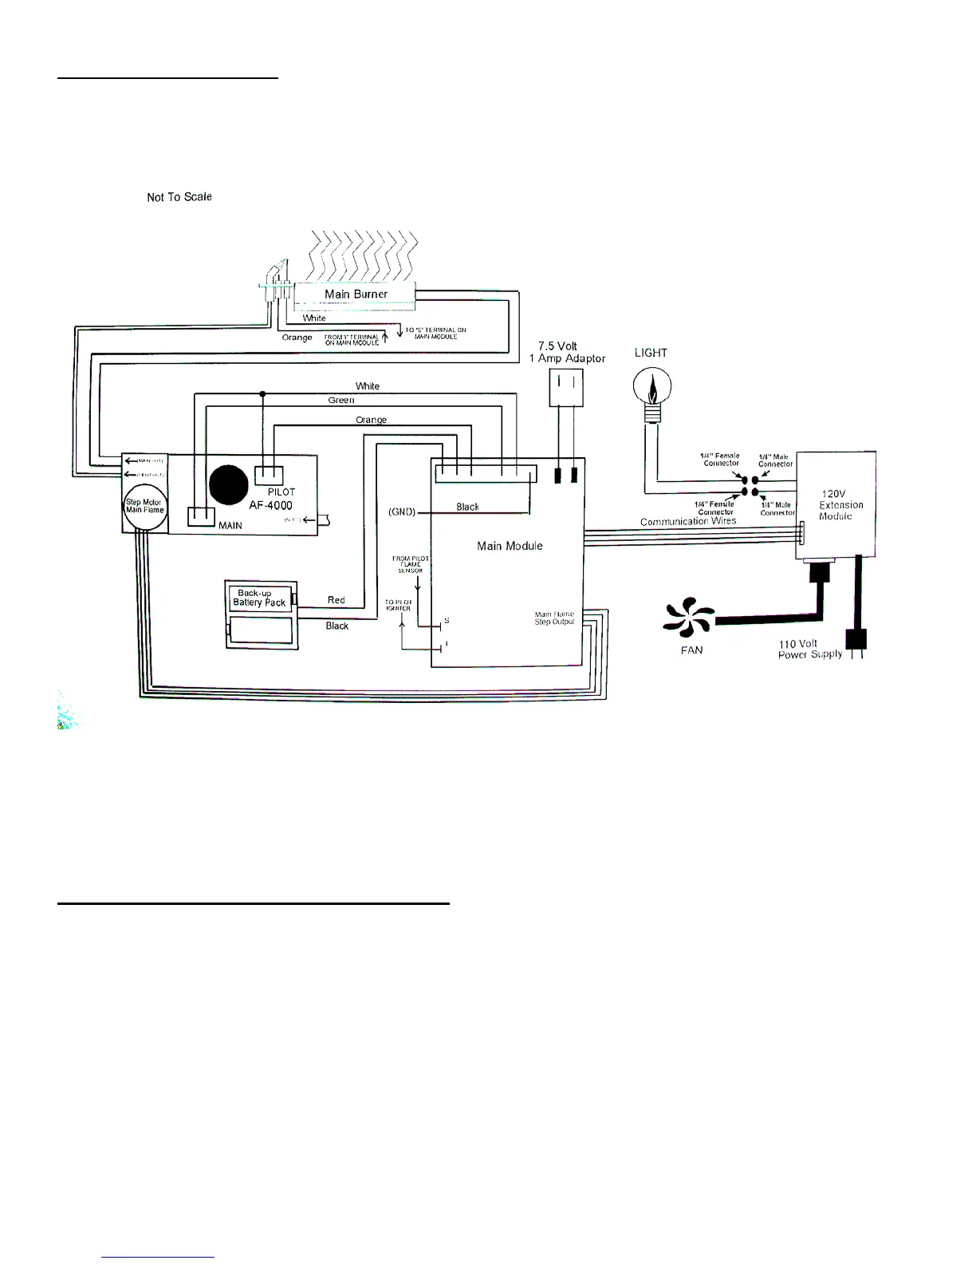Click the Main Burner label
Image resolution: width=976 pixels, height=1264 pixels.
tap(356, 294)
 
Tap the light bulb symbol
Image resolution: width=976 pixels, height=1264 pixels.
tap(652, 392)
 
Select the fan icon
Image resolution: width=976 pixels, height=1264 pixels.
tap(688, 620)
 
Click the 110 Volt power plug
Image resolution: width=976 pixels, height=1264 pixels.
tap(858, 641)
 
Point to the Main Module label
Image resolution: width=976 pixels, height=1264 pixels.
tap(510, 546)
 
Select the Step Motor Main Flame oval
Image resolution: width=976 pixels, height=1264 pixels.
tap(145, 507)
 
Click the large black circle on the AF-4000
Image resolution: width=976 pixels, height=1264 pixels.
tap(229, 484)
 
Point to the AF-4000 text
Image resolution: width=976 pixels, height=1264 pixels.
tap(270, 505)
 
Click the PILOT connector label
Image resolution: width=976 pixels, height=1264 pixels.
tap(281, 492)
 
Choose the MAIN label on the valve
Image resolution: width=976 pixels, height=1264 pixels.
tap(230, 525)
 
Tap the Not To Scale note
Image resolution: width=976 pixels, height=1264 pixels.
tap(179, 197)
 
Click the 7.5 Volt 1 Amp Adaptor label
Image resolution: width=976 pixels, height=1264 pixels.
tap(567, 352)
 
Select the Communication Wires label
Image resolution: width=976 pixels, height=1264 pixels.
tap(688, 521)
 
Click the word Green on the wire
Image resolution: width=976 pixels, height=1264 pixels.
tap(341, 400)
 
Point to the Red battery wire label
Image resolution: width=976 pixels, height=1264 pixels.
tap(336, 600)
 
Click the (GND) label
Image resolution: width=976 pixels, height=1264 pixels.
tap(402, 512)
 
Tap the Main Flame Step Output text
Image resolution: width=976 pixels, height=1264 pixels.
tap(554, 618)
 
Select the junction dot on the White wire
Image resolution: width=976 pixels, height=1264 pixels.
tap(262, 393)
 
